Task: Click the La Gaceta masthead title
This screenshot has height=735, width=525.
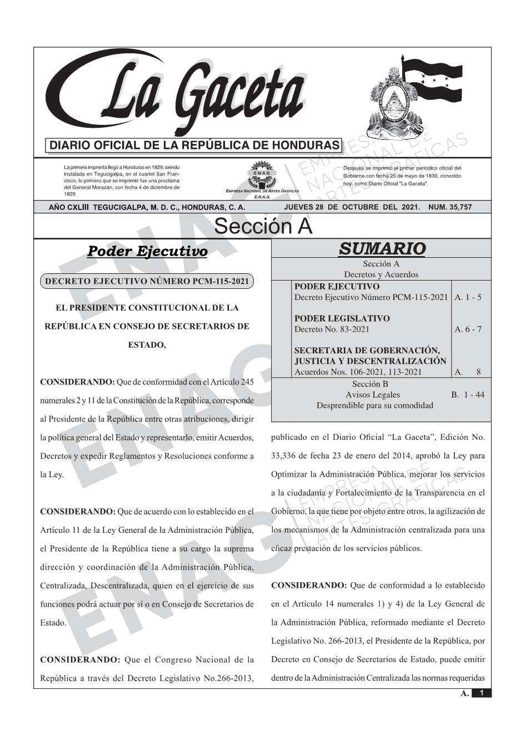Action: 189,94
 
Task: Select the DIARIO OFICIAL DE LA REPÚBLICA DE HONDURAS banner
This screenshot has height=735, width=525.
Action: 194,146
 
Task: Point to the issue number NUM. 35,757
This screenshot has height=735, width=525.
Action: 450,207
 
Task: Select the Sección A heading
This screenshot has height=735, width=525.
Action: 263,227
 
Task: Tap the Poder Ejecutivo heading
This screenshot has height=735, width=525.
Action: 147,251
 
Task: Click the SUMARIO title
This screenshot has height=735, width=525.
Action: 382,249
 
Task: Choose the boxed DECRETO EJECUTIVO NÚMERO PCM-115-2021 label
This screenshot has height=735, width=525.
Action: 147,281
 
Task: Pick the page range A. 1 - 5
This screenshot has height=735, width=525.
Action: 468,297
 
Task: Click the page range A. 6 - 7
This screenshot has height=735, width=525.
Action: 468,329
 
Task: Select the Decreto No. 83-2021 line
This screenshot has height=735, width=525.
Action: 332,329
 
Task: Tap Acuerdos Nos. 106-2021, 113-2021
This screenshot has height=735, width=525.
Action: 358,372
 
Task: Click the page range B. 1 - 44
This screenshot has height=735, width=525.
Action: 467,395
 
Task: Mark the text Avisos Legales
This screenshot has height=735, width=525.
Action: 372,395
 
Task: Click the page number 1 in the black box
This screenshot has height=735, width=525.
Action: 482,693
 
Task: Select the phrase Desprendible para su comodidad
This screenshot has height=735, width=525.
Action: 374,406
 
